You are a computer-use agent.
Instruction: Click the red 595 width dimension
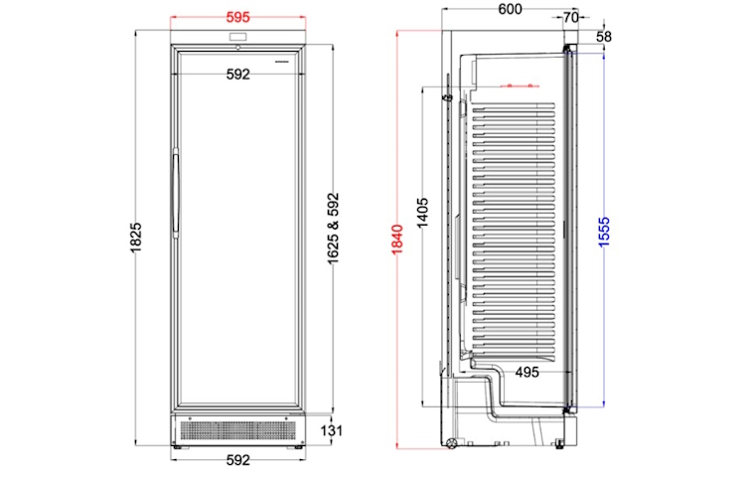coord(237,18)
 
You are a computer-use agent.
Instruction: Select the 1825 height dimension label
coord(136,238)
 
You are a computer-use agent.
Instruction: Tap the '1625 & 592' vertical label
coord(333,229)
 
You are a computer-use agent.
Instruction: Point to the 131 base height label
coord(331,431)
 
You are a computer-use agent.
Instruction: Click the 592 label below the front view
coord(237,460)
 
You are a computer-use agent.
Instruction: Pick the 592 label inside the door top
coord(237,75)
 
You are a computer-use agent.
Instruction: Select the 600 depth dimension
coord(510,9)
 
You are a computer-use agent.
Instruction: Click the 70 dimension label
coord(570,18)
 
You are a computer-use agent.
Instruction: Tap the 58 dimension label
coord(603,37)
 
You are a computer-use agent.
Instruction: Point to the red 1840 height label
coord(397,239)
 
